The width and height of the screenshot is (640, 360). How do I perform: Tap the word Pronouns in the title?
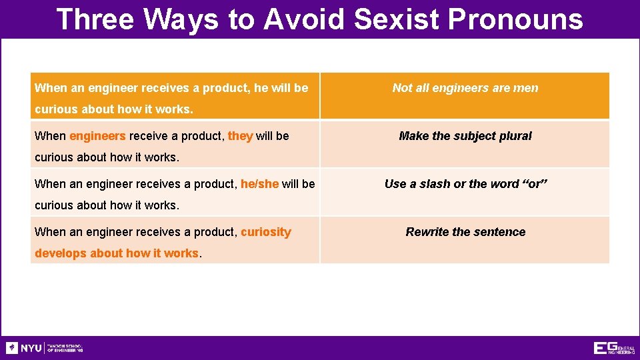click(x=515, y=19)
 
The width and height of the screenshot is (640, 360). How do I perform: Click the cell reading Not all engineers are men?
click(x=465, y=88)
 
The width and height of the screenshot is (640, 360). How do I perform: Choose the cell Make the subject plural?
click(x=465, y=136)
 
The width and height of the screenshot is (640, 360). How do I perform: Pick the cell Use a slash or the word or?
click(x=465, y=184)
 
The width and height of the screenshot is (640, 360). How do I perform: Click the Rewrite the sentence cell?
click(x=465, y=232)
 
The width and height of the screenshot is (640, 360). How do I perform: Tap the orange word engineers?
click(x=97, y=136)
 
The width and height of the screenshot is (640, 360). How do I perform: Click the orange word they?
click(x=240, y=136)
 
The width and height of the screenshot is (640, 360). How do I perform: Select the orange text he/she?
click(x=259, y=184)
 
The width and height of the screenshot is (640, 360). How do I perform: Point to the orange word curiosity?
click(x=265, y=232)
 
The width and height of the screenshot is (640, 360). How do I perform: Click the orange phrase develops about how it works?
click(x=116, y=253)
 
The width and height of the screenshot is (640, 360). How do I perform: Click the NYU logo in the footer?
click(x=24, y=348)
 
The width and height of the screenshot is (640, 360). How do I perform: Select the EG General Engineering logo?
click(x=614, y=348)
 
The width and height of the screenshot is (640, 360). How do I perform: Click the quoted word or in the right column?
click(x=534, y=184)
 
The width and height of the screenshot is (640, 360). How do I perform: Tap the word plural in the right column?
click(x=516, y=136)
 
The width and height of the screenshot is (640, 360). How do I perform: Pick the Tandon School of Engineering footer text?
click(x=64, y=348)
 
